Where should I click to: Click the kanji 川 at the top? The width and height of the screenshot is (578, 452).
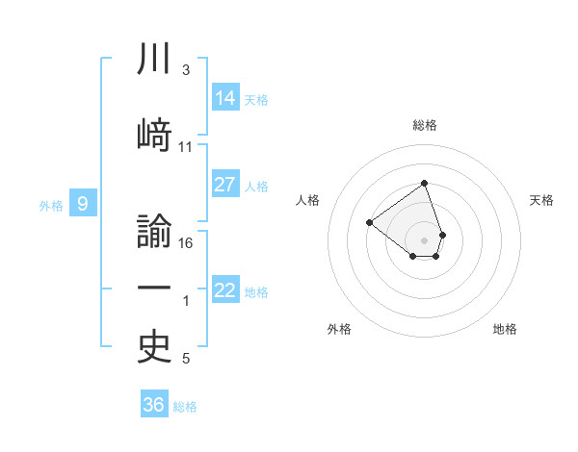pyautogui.click(x=155, y=60)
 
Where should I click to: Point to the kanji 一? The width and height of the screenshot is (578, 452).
pyautogui.click(x=155, y=289)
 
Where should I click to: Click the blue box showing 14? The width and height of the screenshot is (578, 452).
pyautogui.click(x=225, y=97)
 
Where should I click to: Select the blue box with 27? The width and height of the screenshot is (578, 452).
pyautogui.click(x=225, y=185)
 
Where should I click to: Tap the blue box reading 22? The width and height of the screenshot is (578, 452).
pyautogui.click(x=225, y=289)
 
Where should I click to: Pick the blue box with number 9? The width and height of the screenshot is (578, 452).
pyautogui.click(x=83, y=203)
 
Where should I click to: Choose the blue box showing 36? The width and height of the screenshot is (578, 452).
pyautogui.click(x=154, y=405)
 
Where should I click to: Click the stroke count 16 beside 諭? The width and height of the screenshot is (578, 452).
pyautogui.click(x=187, y=242)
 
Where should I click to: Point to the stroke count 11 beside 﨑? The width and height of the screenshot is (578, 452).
pyautogui.click(x=186, y=146)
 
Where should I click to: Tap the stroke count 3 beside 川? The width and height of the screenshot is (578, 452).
pyautogui.click(x=186, y=70)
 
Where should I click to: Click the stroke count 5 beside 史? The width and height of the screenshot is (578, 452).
pyautogui.click(x=186, y=359)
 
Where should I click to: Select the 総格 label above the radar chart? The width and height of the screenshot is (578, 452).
pyautogui.click(x=425, y=125)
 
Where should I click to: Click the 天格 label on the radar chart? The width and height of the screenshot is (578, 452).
pyautogui.click(x=541, y=200)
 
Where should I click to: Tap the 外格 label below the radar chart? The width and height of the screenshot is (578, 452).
pyautogui.click(x=339, y=329)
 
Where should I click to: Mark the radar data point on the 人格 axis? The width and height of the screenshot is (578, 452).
pyautogui.click(x=369, y=222)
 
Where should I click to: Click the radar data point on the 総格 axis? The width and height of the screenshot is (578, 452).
pyautogui.click(x=424, y=184)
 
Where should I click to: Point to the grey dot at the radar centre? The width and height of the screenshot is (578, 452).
pyautogui.click(x=424, y=239)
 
